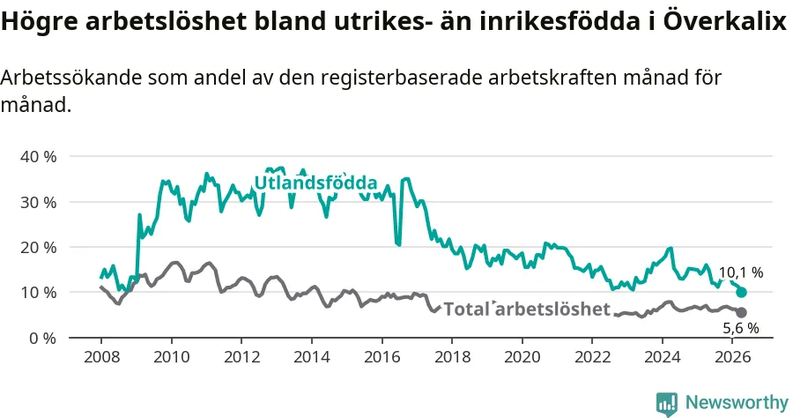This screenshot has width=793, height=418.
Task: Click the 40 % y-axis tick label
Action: [x=39, y=156]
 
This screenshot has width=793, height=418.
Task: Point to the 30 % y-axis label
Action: [x=39, y=202]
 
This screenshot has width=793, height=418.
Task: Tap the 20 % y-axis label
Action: [x=39, y=247]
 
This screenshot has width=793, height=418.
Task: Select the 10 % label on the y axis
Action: [x=39, y=293]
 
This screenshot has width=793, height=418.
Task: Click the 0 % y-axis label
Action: [x=42, y=338]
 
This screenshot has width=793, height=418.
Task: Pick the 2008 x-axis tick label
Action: [x=101, y=357]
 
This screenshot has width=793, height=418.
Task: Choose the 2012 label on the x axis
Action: [x=242, y=357]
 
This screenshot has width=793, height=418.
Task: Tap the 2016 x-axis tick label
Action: [x=382, y=357]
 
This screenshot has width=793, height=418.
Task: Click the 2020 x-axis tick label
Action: [x=522, y=357]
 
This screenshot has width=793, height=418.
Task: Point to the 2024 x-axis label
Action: [x=663, y=357]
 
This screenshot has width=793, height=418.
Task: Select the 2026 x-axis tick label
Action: [x=733, y=357]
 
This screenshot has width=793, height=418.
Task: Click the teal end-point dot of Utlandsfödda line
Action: [x=741, y=293]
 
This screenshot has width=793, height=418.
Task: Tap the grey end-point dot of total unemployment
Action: [x=741, y=313]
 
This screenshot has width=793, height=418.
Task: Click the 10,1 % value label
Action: [x=741, y=272]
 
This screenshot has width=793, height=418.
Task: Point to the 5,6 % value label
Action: [x=741, y=328]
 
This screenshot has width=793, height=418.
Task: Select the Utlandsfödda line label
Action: [x=316, y=183]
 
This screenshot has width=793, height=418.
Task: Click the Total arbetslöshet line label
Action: [x=527, y=309]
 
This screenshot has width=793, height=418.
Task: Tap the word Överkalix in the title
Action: [x=725, y=21]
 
